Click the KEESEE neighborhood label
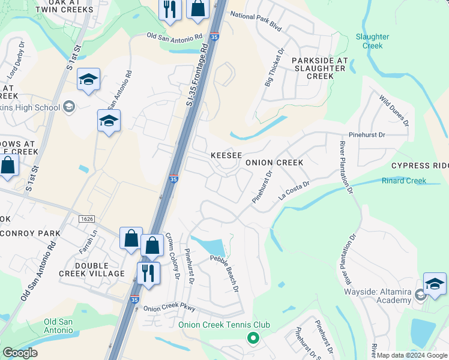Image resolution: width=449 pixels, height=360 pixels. (226, 155)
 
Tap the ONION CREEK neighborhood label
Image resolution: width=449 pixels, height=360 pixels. (273, 163)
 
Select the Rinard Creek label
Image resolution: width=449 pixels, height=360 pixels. (404, 181)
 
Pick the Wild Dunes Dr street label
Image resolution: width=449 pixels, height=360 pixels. (394, 110)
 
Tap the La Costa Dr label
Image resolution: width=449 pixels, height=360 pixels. (294, 191)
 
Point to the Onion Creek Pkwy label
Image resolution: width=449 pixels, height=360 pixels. (170, 308)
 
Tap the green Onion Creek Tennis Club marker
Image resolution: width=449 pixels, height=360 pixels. (253, 338)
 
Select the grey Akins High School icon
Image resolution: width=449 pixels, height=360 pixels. (69, 107)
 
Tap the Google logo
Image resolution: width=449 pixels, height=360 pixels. (20, 353)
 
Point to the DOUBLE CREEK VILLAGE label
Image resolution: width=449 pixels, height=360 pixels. (100, 269)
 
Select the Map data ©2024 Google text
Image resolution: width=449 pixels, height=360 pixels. (412, 355)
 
